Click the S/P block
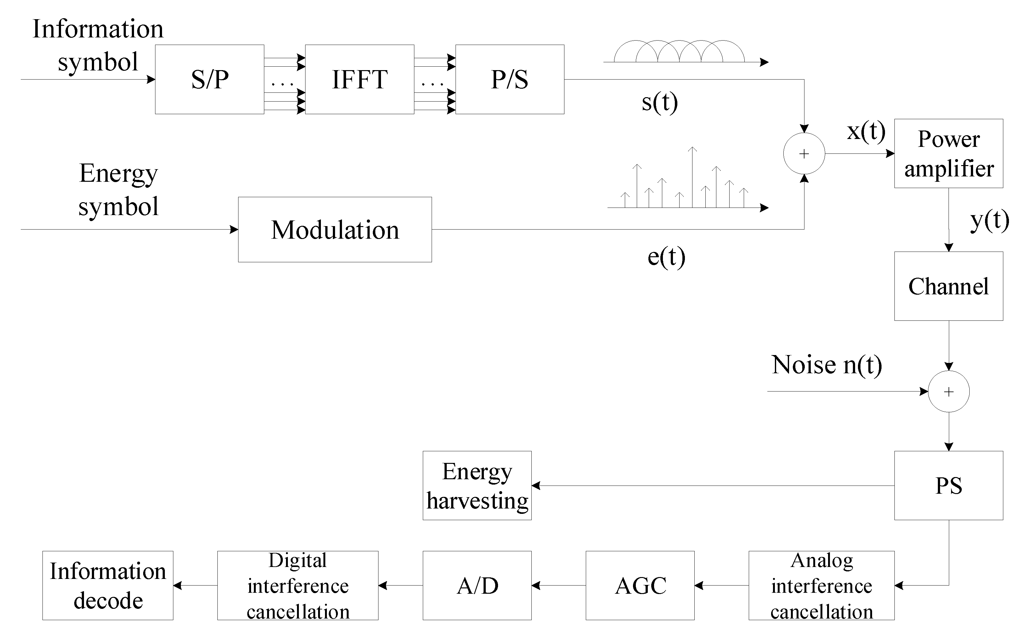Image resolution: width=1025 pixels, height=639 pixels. pyautogui.click(x=209, y=80)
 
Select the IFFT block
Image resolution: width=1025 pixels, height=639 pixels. pyautogui.click(x=359, y=80)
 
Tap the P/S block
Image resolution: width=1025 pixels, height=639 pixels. pyautogui.click(x=509, y=80)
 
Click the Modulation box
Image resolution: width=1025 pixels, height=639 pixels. pyautogui.click(x=335, y=230)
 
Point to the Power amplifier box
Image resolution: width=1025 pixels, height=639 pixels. pyautogui.click(x=949, y=153)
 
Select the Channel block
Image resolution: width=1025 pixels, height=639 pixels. pyautogui.click(x=949, y=286)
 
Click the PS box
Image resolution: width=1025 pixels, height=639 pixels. pyautogui.click(x=949, y=485)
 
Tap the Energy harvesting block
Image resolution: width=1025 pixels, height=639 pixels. pyautogui.click(x=477, y=485)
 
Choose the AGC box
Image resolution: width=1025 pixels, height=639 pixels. pyautogui.click(x=640, y=585)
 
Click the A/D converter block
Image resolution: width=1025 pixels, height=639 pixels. pyautogui.click(x=477, y=585)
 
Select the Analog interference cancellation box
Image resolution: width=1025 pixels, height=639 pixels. pyautogui.click(x=821, y=585)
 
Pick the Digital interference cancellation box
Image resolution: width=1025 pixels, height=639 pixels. pyautogui.click(x=298, y=585)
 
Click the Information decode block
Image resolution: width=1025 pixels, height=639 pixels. pyautogui.click(x=108, y=585)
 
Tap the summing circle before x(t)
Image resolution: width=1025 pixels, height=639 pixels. pyautogui.click(x=804, y=153)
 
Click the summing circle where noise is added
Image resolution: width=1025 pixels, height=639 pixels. pyautogui.click(x=949, y=391)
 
